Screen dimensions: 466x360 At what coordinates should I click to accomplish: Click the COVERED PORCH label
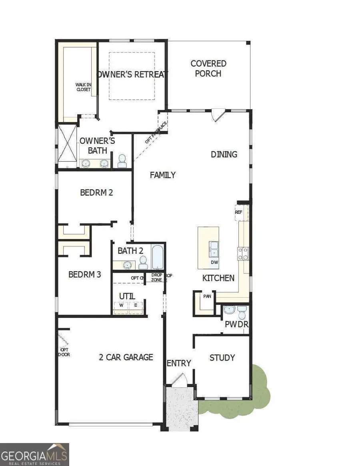208,68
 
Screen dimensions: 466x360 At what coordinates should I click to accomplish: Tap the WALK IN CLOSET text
84,87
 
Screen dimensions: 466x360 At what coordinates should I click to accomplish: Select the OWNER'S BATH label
98,145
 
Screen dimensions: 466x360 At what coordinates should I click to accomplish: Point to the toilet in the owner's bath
122,161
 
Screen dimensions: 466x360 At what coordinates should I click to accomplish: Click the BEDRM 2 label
96,192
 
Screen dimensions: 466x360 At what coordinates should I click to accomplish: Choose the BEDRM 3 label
84,275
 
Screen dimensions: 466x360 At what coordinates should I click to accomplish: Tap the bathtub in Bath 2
158,257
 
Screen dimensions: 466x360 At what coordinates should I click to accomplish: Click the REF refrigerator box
239,212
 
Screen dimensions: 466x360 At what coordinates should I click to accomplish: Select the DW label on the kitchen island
214,262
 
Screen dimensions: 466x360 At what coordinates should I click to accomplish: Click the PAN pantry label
207,297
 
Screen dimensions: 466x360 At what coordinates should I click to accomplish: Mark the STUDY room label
222,358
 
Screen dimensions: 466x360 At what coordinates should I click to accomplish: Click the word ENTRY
179,363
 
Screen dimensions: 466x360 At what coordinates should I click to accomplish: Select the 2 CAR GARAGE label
126,357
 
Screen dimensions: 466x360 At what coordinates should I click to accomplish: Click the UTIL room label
127,296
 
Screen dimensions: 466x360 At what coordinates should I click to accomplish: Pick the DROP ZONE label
156,277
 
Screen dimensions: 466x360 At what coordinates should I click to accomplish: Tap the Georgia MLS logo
34,454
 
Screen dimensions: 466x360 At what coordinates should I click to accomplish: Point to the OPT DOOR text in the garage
64,352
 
